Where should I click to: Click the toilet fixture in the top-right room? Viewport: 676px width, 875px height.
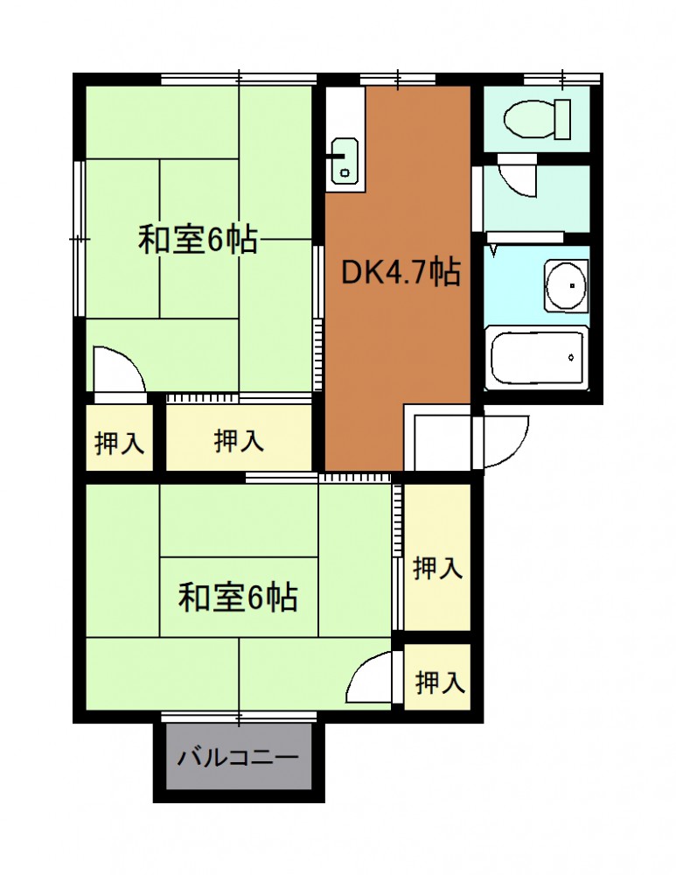[537, 119]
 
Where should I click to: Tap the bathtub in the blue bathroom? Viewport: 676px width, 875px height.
[537, 357]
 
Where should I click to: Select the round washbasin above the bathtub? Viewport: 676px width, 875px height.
[566, 286]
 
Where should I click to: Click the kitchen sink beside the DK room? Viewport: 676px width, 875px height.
[345, 161]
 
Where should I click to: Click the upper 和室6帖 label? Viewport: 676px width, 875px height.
[198, 240]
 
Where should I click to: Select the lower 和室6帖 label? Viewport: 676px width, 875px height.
[238, 597]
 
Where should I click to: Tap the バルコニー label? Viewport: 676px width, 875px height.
[239, 758]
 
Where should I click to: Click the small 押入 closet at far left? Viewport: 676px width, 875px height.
[119, 437]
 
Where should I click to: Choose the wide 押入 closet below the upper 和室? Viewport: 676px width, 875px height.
[239, 437]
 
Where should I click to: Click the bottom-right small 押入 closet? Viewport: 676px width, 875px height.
[437, 677]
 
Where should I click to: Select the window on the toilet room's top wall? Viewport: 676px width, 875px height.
[562, 80]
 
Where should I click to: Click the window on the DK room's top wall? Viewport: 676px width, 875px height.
[397, 80]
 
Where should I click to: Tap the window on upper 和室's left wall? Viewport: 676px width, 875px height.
[80, 239]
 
